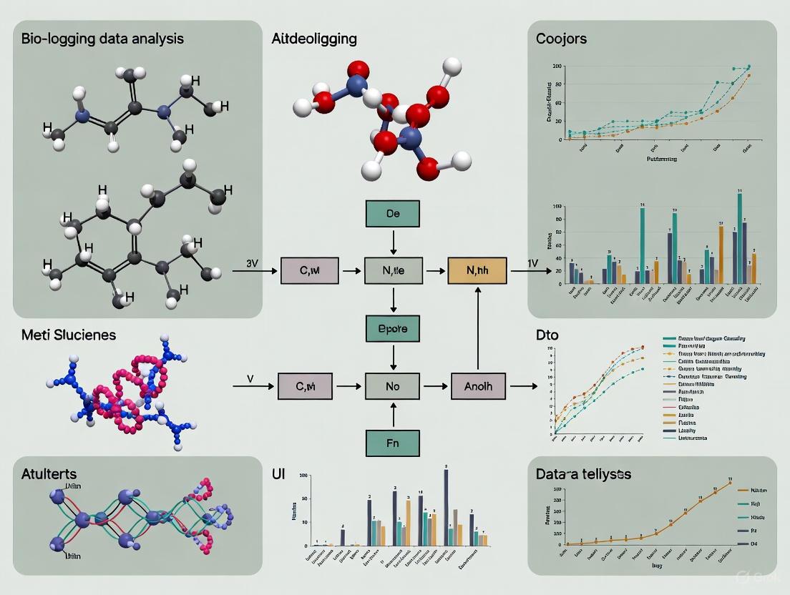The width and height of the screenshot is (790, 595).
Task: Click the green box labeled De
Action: (x=392, y=214)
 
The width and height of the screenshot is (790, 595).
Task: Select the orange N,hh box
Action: (x=477, y=272)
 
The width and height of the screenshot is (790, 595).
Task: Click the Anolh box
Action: (x=477, y=386)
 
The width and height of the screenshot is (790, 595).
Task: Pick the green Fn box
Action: (x=392, y=443)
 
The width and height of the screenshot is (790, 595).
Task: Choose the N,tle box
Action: (x=392, y=272)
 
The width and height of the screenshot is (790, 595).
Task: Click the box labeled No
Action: (x=392, y=386)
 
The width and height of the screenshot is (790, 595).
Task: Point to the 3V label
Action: (x=251, y=262)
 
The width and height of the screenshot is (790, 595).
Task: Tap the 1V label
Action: (x=532, y=262)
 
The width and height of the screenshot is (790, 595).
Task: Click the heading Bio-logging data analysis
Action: (x=102, y=38)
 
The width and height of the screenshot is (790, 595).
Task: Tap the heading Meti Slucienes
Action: (x=69, y=334)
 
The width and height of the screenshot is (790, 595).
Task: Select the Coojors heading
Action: (x=561, y=39)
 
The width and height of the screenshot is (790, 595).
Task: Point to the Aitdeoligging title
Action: (x=314, y=39)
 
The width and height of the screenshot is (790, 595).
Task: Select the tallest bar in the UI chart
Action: (x=446, y=508)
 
